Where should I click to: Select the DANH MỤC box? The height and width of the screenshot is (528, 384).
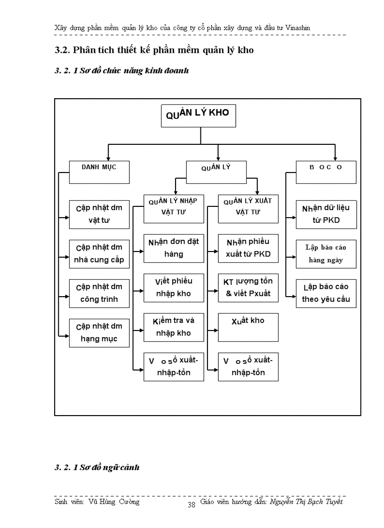click(x=99, y=172)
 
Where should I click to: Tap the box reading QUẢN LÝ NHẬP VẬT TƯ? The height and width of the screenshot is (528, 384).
click(x=173, y=207)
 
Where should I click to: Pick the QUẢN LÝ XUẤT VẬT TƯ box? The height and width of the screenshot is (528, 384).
click(x=248, y=207)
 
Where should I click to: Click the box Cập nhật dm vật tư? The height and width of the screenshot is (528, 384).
click(x=99, y=214)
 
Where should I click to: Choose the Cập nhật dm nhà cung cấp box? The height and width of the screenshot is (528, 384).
click(x=99, y=254)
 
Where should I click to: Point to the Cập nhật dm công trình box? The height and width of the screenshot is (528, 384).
click(x=99, y=293)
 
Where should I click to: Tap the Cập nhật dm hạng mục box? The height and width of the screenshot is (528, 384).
click(x=99, y=333)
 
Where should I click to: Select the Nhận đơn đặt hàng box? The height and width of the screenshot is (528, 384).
click(x=173, y=248)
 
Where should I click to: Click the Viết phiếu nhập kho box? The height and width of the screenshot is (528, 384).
click(x=173, y=288)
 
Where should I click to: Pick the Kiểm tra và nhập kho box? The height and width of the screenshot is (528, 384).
click(x=173, y=327)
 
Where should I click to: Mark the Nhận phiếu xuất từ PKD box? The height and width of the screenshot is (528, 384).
click(x=248, y=248)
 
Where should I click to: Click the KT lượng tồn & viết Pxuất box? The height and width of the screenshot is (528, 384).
click(x=248, y=288)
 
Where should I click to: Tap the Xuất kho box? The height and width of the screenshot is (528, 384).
click(x=248, y=327)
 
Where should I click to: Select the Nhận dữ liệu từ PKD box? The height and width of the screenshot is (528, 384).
click(x=326, y=214)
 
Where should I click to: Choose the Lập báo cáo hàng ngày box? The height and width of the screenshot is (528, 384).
click(x=326, y=254)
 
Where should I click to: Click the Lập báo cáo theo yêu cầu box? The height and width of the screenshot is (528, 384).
click(x=326, y=293)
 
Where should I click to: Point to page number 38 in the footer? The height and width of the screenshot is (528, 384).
click(x=192, y=505)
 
